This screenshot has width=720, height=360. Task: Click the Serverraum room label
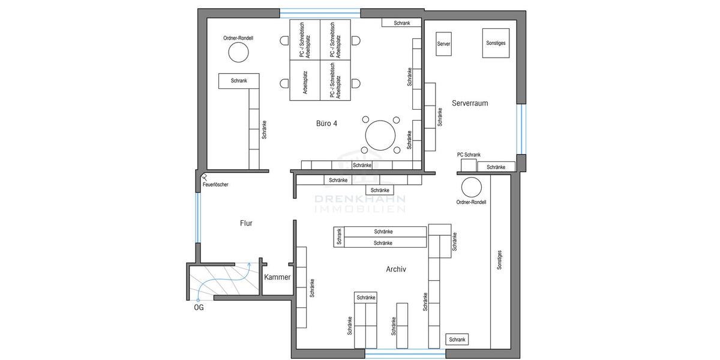(470, 103)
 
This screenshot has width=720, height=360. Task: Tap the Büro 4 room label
(326, 124)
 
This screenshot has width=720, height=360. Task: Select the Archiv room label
(396, 270)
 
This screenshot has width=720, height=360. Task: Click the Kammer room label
(277, 277)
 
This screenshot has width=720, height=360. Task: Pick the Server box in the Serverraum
(444, 44)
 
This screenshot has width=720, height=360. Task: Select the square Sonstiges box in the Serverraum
(496, 44)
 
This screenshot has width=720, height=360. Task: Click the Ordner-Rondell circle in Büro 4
(238, 53)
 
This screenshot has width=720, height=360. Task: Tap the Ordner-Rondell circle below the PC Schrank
(471, 187)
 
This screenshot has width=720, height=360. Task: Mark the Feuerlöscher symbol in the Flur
(204, 177)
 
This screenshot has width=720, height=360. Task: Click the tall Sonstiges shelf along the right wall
(500, 261)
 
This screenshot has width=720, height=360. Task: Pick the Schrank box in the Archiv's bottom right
(457, 340)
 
